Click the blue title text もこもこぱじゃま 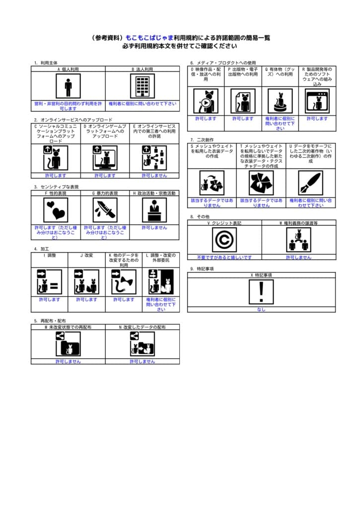point(152,38)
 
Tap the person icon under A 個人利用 point(68,86)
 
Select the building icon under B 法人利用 point(142,86)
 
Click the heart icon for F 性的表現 point(56,210)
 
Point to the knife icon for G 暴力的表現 point(105,210)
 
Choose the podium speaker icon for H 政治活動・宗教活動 point(154,210)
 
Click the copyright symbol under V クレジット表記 point(224,240)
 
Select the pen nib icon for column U point(310,183)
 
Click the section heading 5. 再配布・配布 point(50,321)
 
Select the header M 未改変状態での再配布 point(68,327)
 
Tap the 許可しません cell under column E point(154,176)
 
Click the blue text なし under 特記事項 point(261,310)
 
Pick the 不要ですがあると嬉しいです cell point(224,257)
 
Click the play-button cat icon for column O point(206,101)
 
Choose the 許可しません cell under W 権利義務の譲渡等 point(298,257)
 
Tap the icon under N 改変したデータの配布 point(142,343)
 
